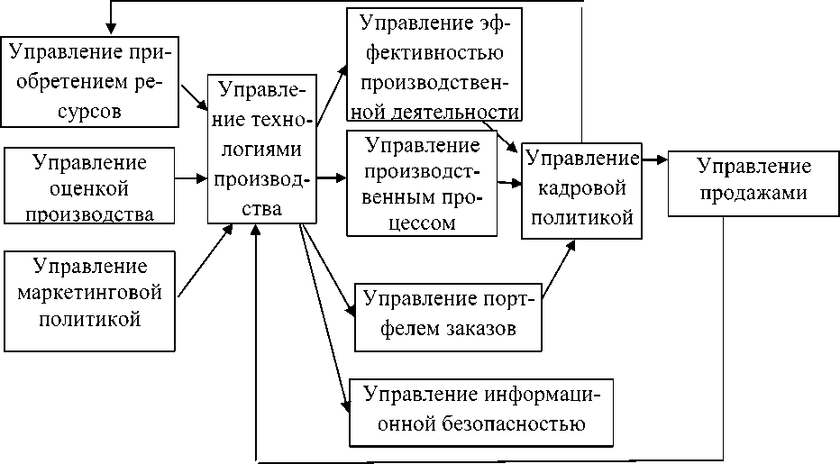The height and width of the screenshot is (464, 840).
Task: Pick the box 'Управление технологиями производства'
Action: click(x=262, y=150)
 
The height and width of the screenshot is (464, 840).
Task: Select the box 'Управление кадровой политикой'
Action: click(x=581, y=189)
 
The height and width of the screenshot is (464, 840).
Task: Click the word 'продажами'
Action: click(x=754, y=192)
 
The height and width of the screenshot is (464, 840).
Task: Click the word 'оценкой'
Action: click(x=89, y=189)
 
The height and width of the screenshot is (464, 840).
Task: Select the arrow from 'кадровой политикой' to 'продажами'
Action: click(x=654, y=160)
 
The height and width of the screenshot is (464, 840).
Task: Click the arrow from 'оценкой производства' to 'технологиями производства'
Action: click(x=190, y=178)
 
